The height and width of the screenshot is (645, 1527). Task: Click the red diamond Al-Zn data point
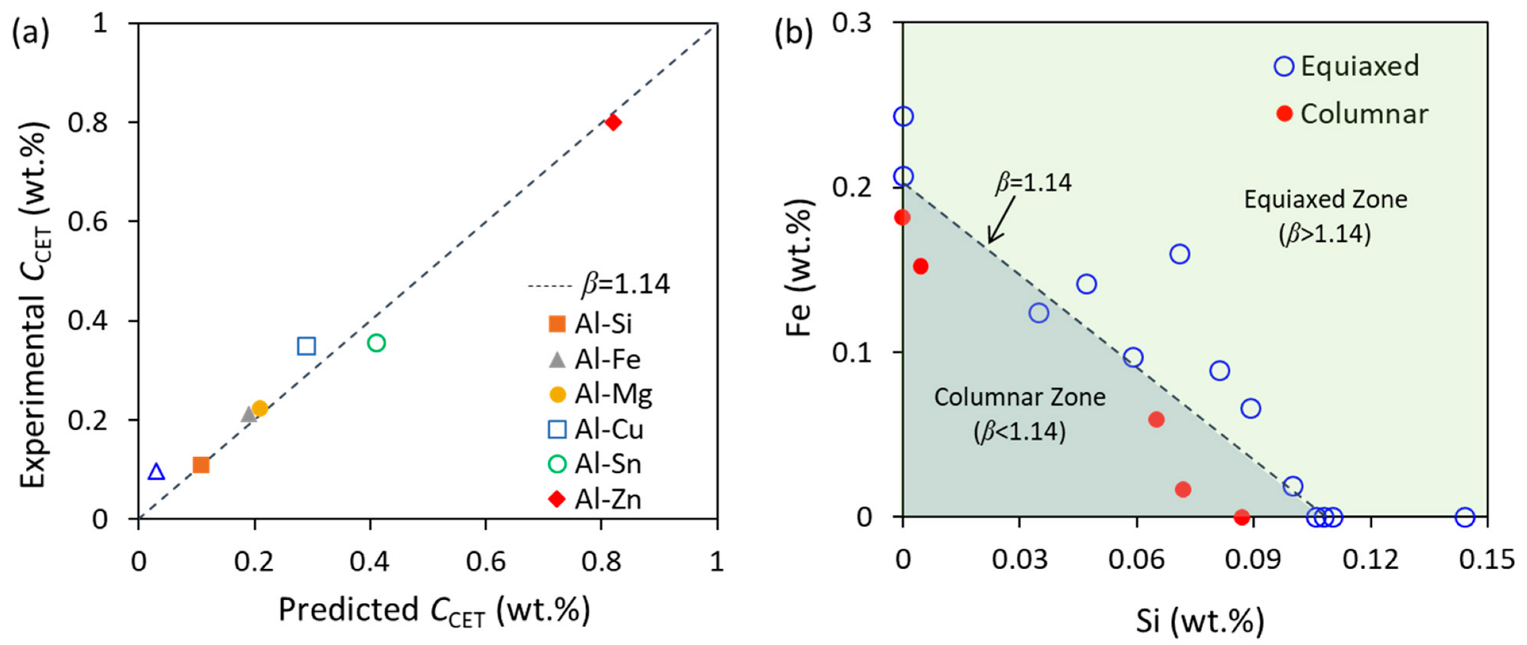pos(612,122)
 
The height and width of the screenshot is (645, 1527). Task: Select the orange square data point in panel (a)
pos(201,465)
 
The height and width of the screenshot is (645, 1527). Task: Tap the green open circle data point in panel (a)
pos(376,343)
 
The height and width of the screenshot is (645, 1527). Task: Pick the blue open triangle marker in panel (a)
pos(156,472)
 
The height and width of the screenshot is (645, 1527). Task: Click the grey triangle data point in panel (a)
pos(249,414)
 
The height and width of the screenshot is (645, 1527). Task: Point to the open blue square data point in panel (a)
pos(306,346)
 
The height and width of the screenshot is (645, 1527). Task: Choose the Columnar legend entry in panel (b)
pos(1351,114)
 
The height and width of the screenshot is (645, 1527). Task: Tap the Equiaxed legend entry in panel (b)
pos(1348,66)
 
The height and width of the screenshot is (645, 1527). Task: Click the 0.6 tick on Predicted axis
pos(486,561)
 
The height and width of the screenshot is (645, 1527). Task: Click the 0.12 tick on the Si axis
pos(1371,559)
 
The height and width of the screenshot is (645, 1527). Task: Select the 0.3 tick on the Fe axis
pos(852,23)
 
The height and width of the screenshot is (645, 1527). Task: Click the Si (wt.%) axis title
pos(1200,621)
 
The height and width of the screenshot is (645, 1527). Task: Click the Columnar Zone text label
pos(1020,397)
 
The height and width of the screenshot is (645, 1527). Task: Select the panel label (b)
pos(793,32)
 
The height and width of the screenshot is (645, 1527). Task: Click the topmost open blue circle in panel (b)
pos(903,117)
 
